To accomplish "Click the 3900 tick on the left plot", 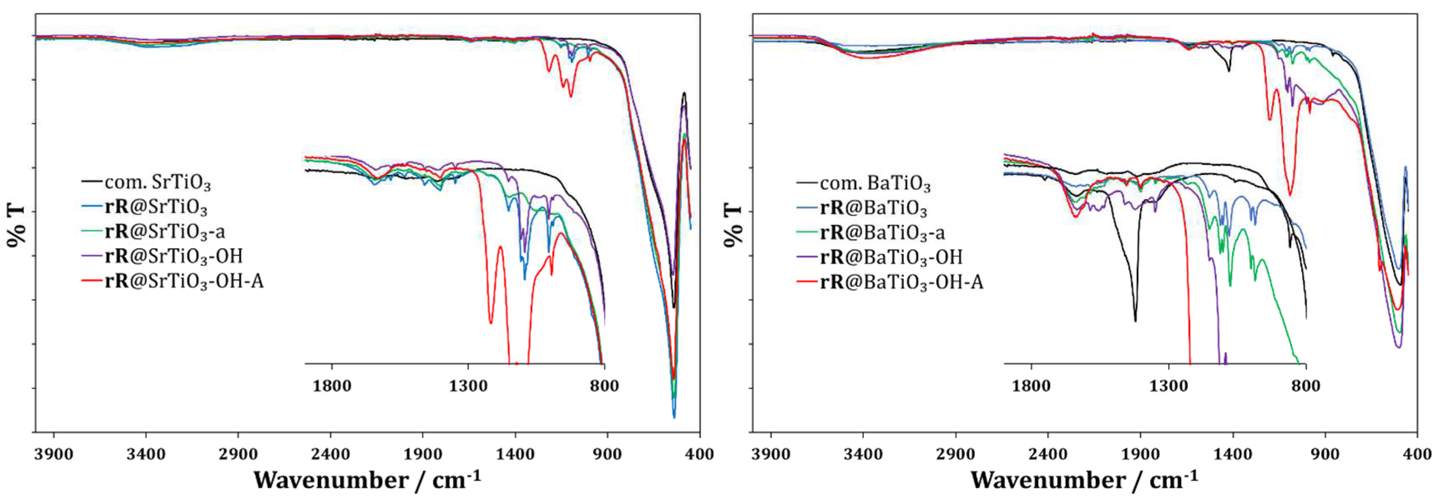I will [53, 454].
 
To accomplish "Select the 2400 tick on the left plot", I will [330, 454].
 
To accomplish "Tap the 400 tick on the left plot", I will [699, 454].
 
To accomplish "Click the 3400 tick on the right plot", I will [863, 454].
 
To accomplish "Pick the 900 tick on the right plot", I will [1325, 454].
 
